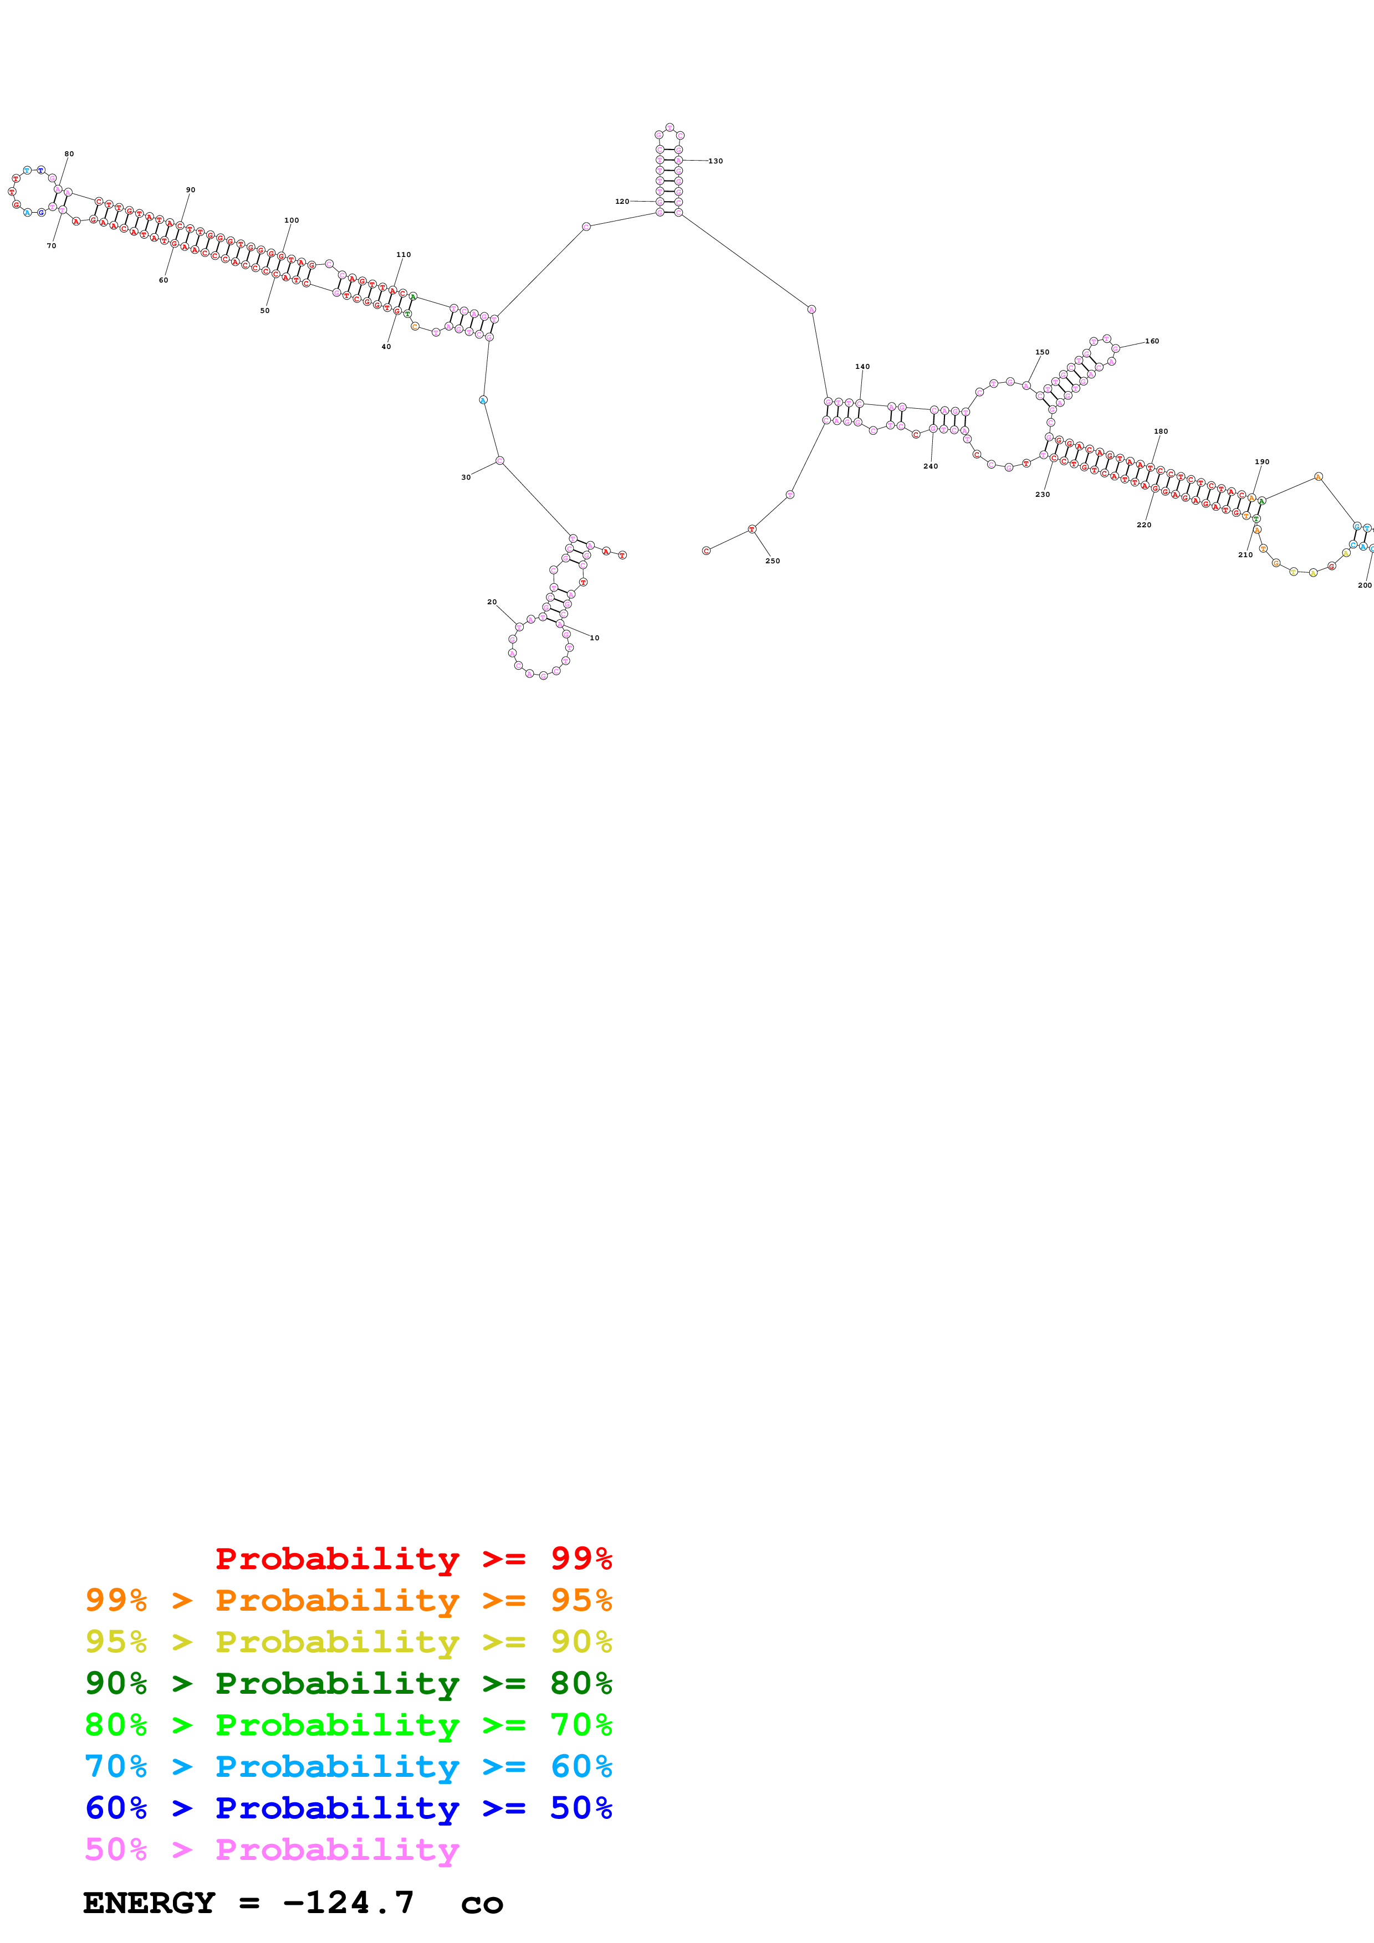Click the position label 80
(x=69, y=154)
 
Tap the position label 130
(x=716, y=161)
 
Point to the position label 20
(x=492, y=602)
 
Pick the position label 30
(x=466, y=477)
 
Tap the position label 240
(x=931, y=466)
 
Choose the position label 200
(x=1364, y=585)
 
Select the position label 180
(x=1160, y=431)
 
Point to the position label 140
(x=862, y=367)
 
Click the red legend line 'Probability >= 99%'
(x=413, y=1558)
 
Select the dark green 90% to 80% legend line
(x=348, y=1683)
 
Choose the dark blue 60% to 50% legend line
(x=348, y=1808)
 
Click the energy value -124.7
(x=348, y=1903)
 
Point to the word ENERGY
(x=148, y=1903)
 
